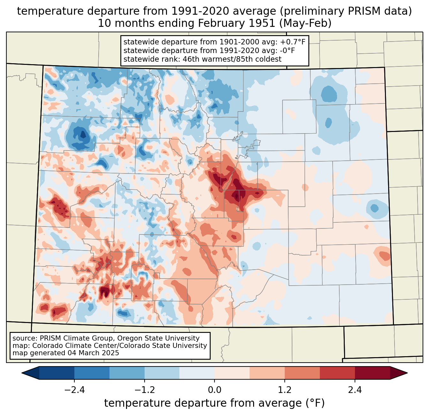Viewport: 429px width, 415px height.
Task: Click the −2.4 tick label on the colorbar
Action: (74, 390)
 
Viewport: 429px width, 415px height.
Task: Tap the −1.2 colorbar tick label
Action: (145, 390)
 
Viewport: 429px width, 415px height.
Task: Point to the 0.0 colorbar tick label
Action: (214, 390)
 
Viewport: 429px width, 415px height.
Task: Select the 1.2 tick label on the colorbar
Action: (285, 390)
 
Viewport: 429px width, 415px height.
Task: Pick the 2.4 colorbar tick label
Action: (355, 390)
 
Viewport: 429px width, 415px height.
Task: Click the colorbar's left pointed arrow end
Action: (22, 373)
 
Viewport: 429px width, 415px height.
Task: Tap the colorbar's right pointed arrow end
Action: (407, 373)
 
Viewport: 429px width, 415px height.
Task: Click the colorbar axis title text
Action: (214, 403)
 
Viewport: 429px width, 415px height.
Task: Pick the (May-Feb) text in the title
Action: (305, 23)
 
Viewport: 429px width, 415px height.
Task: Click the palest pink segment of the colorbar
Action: (232, 373)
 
